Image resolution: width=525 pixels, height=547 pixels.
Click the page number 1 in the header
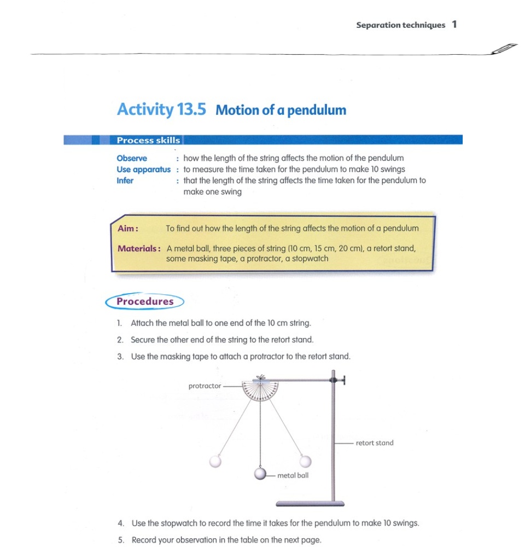(x=454, y=25)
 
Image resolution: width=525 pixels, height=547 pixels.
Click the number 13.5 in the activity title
(x=191, y=109)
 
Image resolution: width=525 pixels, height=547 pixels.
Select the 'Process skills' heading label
(x=148, y=141)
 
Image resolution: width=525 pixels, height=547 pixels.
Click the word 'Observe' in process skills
(x=132, y=158)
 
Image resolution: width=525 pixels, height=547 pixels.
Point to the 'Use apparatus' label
(x=143, y=169)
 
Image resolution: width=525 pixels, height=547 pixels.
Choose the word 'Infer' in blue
(x=125, y=181)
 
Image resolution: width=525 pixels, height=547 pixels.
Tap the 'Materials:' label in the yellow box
(x=139, y=248)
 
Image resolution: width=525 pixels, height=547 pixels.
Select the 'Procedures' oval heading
(x=144, y=301)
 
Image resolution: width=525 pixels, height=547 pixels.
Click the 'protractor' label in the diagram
(x=205, y=386)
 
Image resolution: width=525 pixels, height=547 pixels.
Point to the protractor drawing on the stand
(x=260, y=391)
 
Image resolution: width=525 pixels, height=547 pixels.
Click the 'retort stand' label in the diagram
(x=375, y=443)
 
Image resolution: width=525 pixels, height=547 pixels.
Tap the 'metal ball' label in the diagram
(x=293, y=475)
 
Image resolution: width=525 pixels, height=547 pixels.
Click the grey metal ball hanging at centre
(x=261, y=474)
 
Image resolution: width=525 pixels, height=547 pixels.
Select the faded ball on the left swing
(x=217, y=461)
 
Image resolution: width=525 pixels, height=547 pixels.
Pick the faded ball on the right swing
(x=305, y=461)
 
